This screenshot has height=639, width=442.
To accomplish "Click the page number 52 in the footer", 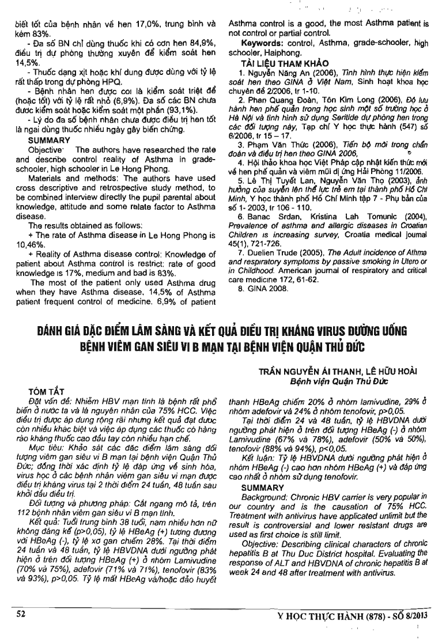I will click(21, 614).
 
